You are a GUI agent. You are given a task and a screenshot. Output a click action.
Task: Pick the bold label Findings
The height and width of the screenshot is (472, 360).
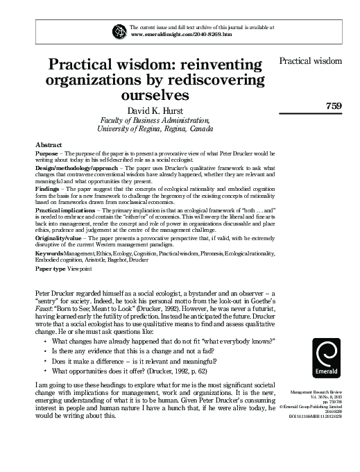(49, 188)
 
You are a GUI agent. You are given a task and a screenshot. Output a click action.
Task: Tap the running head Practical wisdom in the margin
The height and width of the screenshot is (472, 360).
(310, 61)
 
